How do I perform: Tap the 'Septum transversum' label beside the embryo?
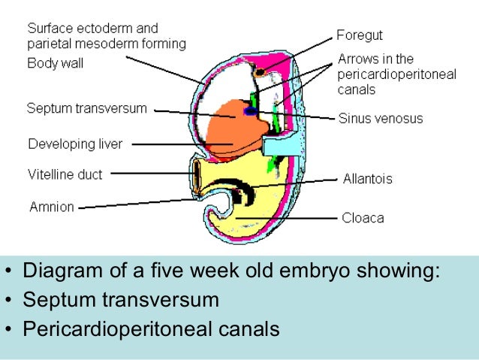86,107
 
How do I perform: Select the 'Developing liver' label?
75,143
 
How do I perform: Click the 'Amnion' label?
51,206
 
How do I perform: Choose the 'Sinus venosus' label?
380,118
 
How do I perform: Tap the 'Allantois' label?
367,179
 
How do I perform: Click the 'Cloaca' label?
363,218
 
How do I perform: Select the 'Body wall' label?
55,63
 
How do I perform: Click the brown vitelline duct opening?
197,175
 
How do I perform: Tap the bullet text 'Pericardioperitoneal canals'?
151,329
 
